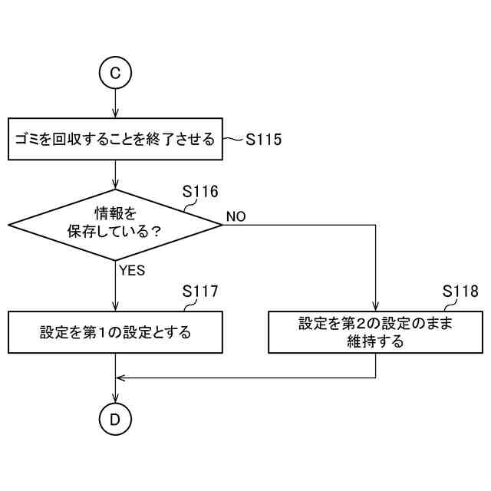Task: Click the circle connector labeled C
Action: coord(115,73)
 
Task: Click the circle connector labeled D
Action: coord(115,419)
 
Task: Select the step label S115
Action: coord(264,140)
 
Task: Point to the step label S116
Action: coord(200,191)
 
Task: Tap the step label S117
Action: coord(200,292)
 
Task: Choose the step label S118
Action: coord(460,292)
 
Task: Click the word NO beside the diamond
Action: coord(236,217)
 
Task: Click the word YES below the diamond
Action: coord(132,270)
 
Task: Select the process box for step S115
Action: coord(115,139)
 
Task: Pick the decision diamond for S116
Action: coord(115,225)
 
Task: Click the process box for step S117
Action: coord(115,332)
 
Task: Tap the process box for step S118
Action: coord(375,332)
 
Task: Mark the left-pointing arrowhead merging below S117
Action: coord(120,377)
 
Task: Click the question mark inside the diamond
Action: coord(156,231)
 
